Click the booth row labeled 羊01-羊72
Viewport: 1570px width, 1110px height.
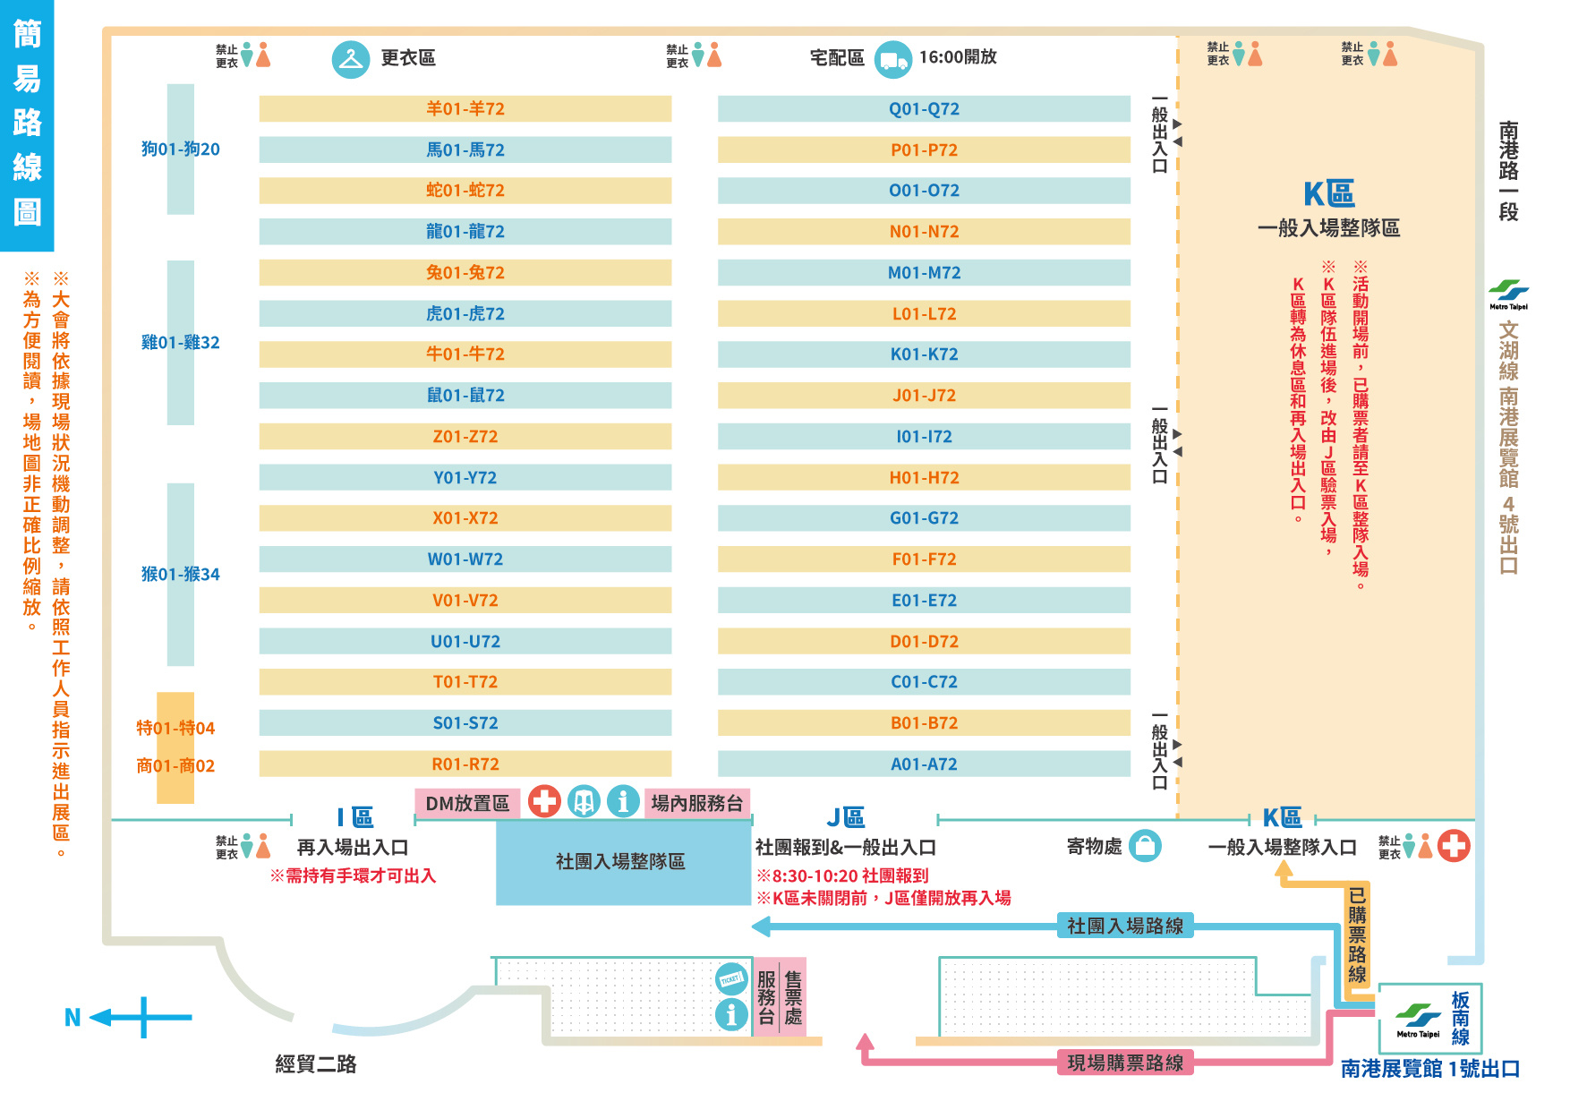point(465,109)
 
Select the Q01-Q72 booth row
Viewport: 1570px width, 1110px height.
point(924,109)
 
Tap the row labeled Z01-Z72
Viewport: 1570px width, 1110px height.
point(465,437)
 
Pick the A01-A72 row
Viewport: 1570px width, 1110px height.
point(924,764)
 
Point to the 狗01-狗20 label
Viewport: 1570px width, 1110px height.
point(180,149)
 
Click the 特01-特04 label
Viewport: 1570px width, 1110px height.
point(175,729)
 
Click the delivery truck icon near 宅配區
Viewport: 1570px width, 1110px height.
point(892,60)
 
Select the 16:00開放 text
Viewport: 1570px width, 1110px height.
point(958,57)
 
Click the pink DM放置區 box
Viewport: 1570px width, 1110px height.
point(467,804)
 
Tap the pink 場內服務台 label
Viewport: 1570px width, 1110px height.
point(696,804)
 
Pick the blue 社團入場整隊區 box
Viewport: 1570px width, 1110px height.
point(620,862)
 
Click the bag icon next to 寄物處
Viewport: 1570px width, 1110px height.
point(1145,846)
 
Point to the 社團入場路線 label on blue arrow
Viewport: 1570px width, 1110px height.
point(1125,926)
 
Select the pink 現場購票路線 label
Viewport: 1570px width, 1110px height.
point(1125,1063)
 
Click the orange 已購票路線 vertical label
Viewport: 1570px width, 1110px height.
point(1357,935)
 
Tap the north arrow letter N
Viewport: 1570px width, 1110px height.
point(73,1018)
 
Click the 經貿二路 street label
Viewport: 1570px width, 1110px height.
point(315,1064)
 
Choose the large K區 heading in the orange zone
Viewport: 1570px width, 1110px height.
point(1328,194)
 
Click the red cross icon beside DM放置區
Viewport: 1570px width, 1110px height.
point(544,801)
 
